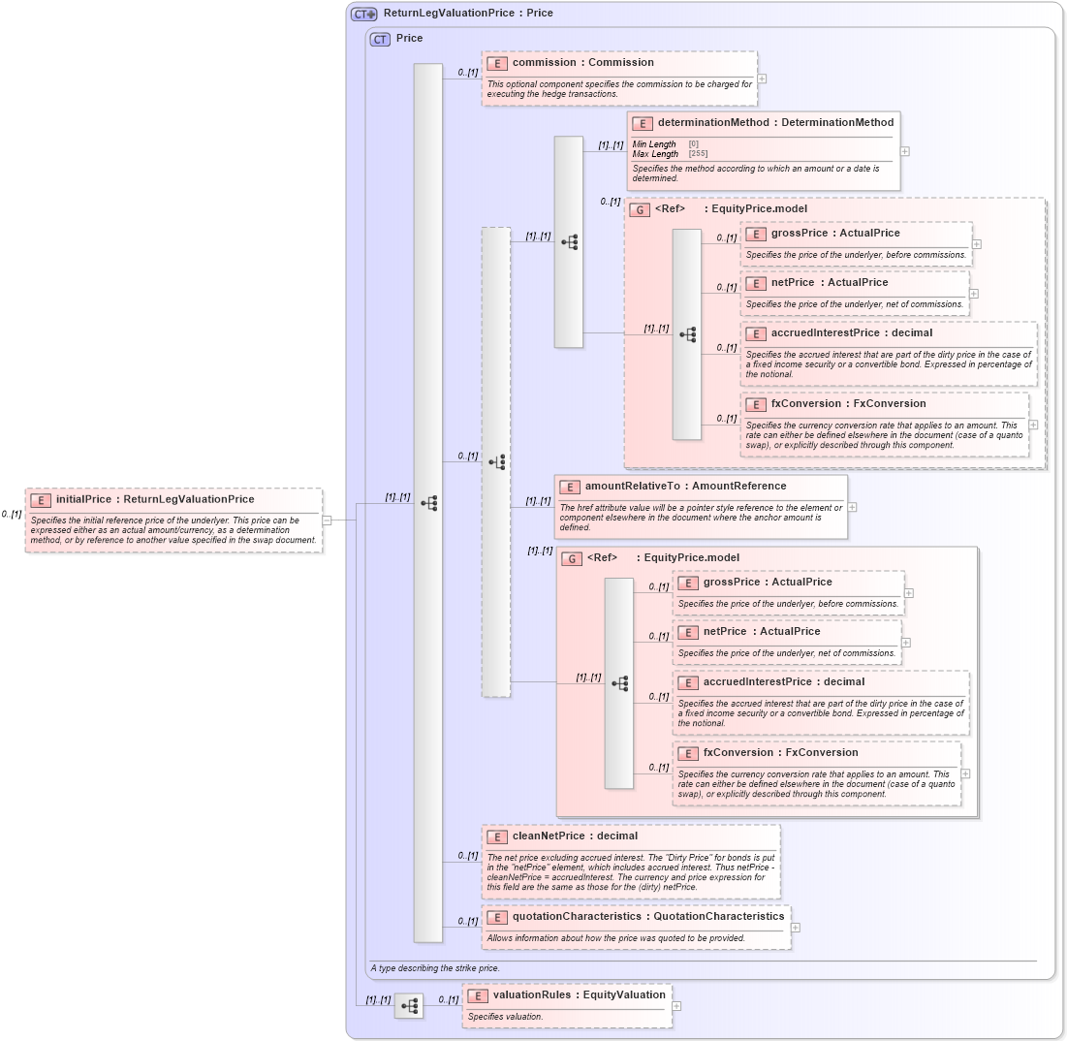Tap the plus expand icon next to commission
762,79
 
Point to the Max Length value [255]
698,154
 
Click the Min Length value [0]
693,144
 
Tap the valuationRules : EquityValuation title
579,994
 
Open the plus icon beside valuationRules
676,1006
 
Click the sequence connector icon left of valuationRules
409,1006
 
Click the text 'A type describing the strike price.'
435,968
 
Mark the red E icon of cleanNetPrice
496,836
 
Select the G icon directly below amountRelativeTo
572,558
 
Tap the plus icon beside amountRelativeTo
852,506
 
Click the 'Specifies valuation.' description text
505,1017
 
